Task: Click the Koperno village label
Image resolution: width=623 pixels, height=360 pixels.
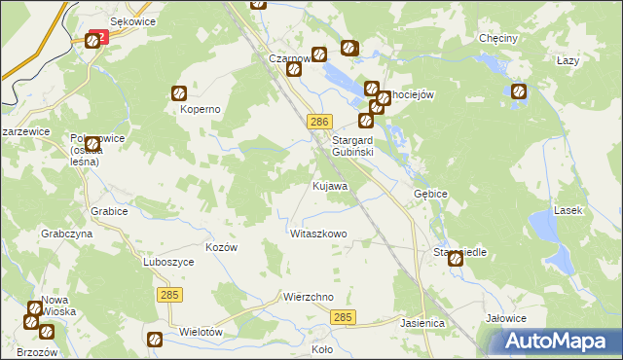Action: (x=200, y=110)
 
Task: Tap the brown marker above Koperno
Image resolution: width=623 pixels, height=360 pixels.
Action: (x=180, y=93)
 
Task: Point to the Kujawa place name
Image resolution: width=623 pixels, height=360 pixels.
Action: (x=330, y=185)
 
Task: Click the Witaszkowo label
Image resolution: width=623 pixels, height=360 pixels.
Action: (x=318, y=234)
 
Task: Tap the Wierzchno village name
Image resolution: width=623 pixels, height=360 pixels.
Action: (x=309, y=297)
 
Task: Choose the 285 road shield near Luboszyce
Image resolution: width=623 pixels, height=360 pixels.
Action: (x=167, y=293)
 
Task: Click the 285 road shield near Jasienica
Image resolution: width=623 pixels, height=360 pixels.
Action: (x=343, y=318)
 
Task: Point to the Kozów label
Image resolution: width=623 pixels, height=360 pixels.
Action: (x=222, y=247)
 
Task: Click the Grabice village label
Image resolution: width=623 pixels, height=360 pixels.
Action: (x=110, y=211)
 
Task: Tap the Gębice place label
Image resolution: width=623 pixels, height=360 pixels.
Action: (x=430, y=194)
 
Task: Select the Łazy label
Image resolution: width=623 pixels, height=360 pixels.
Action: (x=568, y=60)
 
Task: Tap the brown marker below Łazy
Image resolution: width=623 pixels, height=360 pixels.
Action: (x=519, y=91)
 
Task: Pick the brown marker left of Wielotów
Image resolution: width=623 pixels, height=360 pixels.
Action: (x=155, y=339)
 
